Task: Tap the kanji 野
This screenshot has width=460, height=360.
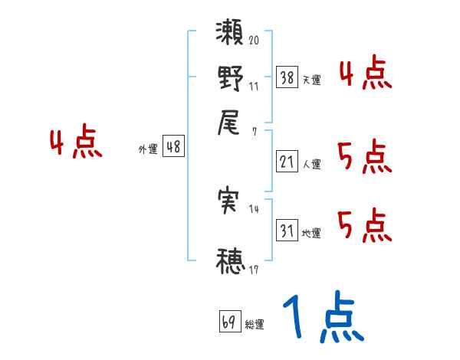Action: (230, 79)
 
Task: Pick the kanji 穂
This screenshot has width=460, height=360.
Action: (230, 261)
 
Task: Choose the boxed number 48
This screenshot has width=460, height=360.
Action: (174, 147)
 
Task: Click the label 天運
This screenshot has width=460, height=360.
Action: (311, 80)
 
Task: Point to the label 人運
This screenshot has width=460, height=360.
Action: (311, 163)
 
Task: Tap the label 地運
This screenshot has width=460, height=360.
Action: (311, 233)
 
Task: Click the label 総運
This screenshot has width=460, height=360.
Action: (255, 324)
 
